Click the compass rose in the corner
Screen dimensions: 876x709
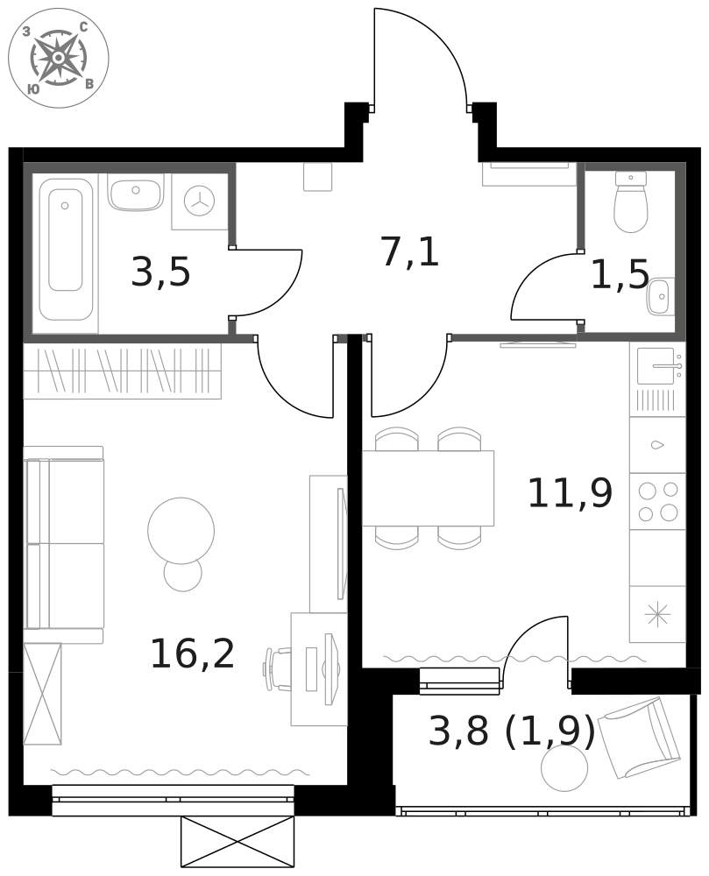tap(58, 58)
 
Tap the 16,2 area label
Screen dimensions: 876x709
tap(193, 654)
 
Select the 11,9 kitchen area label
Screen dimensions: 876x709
tap(570, 494)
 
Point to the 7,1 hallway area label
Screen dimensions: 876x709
tap(409, 252)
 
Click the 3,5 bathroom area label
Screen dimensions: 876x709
tap(160, 272)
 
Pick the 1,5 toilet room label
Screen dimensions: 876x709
tap(620, 275)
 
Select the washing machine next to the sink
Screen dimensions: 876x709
tap(199, 201)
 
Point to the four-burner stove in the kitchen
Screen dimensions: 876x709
tap(657, 501)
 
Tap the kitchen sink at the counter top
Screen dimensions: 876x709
tap(656, 366)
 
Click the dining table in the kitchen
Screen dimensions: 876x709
tap(428, 488)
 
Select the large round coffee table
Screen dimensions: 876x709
tap(181, 530)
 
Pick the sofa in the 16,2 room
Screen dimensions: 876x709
tap(64, 544)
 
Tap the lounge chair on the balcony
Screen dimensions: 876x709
tap(639, 736)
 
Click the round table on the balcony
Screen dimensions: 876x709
tap(564, 767)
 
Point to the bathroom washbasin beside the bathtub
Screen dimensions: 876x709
tap(135, 192)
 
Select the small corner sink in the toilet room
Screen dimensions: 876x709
tap(659, 297)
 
